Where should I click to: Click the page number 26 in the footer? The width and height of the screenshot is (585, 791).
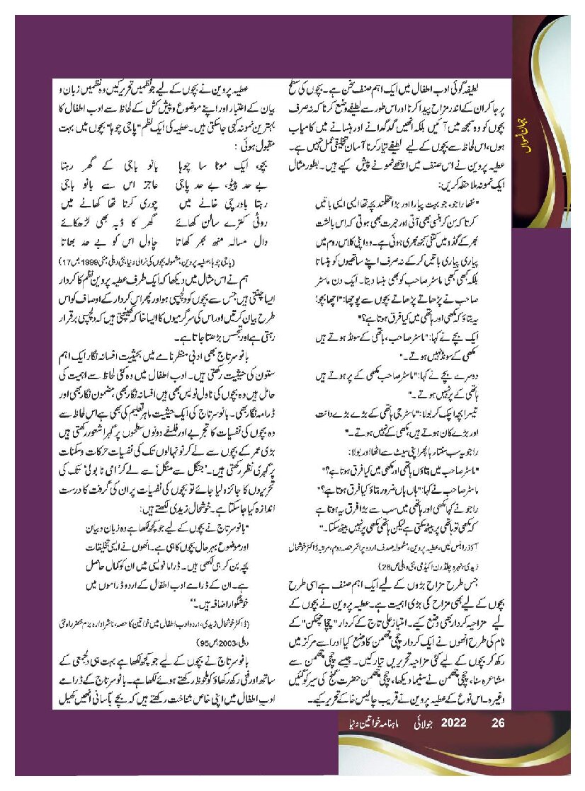tap(497, 724)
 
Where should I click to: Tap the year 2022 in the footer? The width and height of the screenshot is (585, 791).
tap(453, 724)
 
